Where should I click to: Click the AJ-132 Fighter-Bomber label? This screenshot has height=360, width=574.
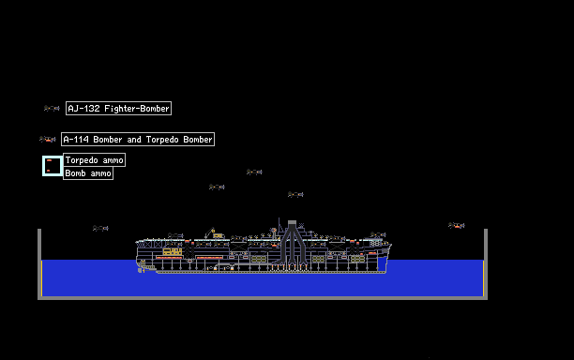[x=118, y=109]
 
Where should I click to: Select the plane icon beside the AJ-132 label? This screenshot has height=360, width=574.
[x=52, y=109]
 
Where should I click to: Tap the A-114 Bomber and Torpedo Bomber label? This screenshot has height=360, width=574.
[x=138, y=139]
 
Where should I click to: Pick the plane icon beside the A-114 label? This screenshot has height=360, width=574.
[x=48, y=139]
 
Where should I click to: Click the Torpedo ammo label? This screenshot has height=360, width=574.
[x=95, y=160]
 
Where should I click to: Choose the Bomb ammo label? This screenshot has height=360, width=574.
[x=88, y=173]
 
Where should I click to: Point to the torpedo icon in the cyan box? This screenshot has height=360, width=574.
[x=50, y=160]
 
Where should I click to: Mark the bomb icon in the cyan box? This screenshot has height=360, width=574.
[x=49, y=171]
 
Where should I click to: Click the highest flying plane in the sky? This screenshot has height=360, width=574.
[x=254, y=172]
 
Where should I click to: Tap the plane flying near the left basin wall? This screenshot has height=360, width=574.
[x=100, y=229]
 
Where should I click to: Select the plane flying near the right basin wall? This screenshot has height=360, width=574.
[x=457, y=225]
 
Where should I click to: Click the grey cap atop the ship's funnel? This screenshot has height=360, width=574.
[x=292, y=222]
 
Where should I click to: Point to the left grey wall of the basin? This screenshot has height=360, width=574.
[x=39, y=263]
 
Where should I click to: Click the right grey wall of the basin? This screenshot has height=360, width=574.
[x=486, y=263]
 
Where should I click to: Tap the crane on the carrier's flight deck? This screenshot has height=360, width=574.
[x=210, y=232]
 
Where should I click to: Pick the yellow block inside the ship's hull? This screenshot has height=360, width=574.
[x=173, y=251]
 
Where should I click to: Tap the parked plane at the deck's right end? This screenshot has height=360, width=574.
[x=378, y=234]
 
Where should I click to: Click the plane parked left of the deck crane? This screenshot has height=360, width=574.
[x=175, y=235]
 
